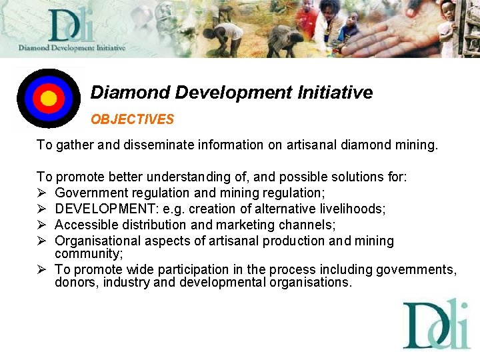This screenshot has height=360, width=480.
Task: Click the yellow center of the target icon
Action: pos(49,99)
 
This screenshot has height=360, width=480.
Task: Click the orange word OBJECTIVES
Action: pos(132,120)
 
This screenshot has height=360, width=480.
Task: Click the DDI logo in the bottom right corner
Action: pos(436,325)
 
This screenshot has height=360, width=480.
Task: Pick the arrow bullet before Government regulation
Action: pos(41,193)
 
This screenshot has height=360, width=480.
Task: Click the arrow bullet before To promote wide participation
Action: pos(41,269)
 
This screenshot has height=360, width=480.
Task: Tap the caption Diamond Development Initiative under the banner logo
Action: pos(72,48)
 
